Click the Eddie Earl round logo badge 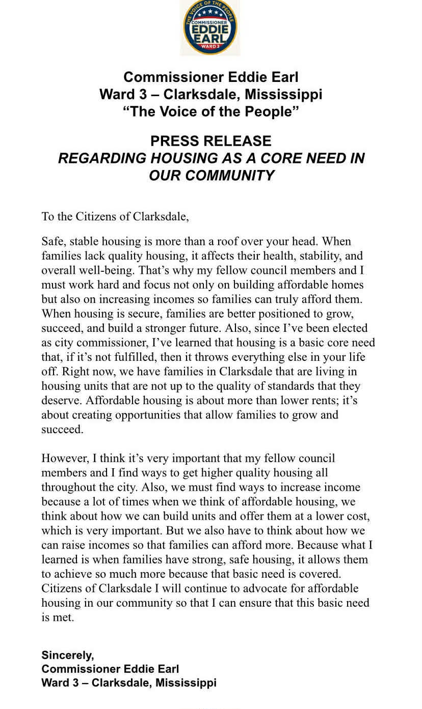(x=210, y=27)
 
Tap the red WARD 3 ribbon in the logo (x=210, y=46)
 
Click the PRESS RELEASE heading (x=210, y=141)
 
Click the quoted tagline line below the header (x=210, y=111)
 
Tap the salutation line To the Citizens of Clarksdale (x=115, y=216)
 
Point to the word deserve (x=62, y=401)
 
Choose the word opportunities (x=148, y=415)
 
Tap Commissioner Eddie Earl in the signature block (x=110, y=669)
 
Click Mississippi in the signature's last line (x=186, y=683)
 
